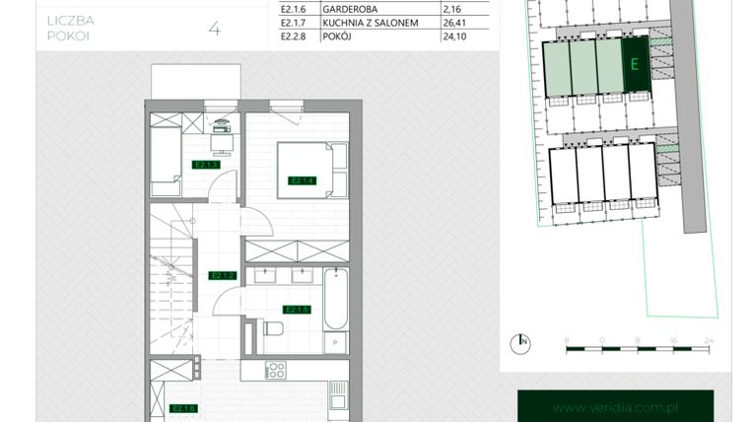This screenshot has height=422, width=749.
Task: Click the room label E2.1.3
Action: click(x=205, y=165)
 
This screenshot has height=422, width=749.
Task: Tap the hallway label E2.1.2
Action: click(x=221, y=276)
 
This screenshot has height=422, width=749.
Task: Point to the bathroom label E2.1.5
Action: click(x=297, y=309)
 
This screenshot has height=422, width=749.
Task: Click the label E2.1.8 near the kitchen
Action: click(x=183, y=407)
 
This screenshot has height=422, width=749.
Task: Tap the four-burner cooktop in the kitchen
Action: click(x=276, y=372)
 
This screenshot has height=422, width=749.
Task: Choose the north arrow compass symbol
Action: click(x=518, y=343)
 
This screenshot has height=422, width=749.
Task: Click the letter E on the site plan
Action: click(x=635, y=65)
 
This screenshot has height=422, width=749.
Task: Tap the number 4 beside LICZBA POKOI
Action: click(x=214, y=29)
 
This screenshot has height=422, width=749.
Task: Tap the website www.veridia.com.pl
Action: click(x=616, y=407)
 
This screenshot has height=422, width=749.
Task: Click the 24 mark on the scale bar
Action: click(x=708, y=338)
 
